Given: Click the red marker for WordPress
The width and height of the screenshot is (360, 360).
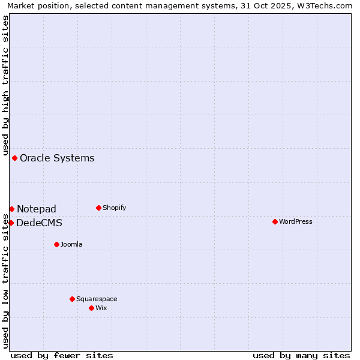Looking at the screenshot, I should tap(275, 221).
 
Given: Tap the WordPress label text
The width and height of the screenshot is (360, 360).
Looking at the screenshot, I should tap(295, 221).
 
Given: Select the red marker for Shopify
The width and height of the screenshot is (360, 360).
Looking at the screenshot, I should tap(98, 208).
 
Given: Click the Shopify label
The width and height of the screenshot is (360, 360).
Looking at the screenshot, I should tap(114, 208).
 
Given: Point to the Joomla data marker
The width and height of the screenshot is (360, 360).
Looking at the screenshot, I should tap(56, 244).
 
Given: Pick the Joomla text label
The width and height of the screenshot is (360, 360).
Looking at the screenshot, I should tap(71, 244).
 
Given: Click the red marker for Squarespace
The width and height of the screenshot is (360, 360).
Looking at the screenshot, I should tap(72, 299).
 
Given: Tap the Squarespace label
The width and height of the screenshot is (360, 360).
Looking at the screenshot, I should tap(97, 299).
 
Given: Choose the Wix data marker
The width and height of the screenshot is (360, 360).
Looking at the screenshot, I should tap(91, 308).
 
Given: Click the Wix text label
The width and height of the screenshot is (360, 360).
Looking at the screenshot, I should tap(101, 308).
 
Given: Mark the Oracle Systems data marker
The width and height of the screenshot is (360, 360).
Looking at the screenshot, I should tap(14, 158).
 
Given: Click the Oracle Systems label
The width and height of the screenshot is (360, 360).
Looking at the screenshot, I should tap(57, 158).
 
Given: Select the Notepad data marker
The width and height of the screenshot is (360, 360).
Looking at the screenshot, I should tap(11, 209).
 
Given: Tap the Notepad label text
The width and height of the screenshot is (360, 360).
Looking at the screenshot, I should tap(37, 209).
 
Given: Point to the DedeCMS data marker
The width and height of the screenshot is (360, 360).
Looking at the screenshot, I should tap(11, 223).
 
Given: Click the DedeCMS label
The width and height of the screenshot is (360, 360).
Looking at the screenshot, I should tap(39, 223).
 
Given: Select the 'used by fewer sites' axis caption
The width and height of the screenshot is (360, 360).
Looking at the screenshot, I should tap(62, 355).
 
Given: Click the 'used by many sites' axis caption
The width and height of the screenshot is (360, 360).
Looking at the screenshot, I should tap(301, 355).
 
